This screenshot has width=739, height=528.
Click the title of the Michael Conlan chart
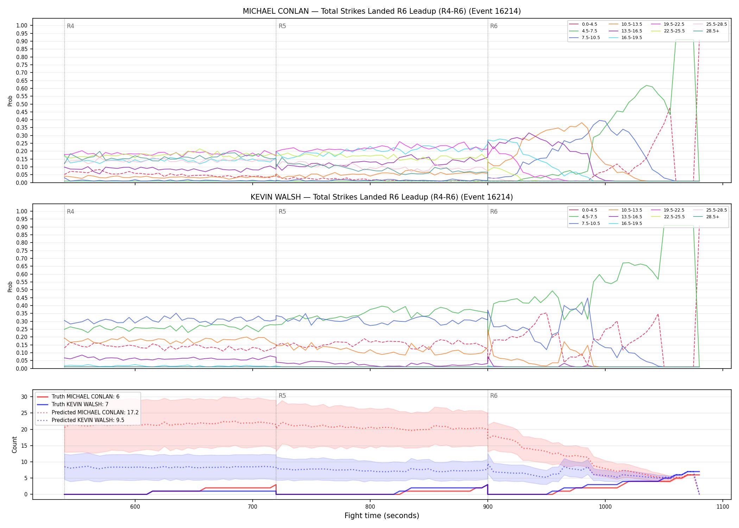tap(382, 11)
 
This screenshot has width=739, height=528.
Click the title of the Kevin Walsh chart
tap(382, 197)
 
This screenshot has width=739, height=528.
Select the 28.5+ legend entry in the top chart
tap(713, 31)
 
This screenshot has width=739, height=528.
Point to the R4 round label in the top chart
tap(70, 26)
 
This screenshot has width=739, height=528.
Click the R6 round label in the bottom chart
tap(494, 396)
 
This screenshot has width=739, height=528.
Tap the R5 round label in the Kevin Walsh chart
tap(282, 212)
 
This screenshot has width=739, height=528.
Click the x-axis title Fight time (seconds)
tap(382, 516)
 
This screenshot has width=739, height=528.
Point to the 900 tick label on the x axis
tap(488, 507)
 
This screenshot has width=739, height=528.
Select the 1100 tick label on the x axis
tap(723, 507)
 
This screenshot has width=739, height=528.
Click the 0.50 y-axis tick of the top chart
tap(22, 104)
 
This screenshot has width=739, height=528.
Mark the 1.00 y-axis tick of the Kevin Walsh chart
tap(22, 211)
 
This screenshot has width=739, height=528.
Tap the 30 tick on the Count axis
tap(24, 397)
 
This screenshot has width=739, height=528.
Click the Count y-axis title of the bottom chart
tap(14, 445)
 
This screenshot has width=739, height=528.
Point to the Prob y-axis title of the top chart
tap(10, 101)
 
